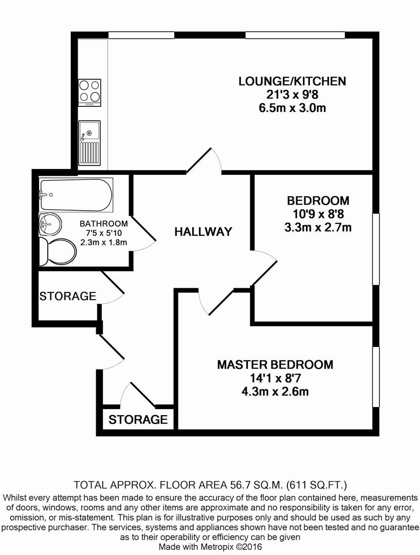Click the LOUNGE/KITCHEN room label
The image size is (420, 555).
[x=292, y=81]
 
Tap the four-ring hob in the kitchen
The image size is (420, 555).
[x=89, y=92]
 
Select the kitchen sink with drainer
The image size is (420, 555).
[x=89, y=143]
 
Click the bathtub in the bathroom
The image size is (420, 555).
[x=76, y=195]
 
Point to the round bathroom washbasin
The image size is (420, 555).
[x=50, y=224]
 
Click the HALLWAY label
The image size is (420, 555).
[x=203, y=231]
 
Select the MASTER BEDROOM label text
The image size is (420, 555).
[x=275, y=364]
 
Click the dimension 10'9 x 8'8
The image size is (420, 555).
[x=319, y=214]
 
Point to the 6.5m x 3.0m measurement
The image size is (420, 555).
[x=293, y=107]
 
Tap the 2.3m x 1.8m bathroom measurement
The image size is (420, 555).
[x=104, y=243]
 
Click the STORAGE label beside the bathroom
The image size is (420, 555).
[x=68, y=296]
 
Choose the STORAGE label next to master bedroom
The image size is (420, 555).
[x=138, y=419]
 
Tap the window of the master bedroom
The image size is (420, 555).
[x=376, y=377]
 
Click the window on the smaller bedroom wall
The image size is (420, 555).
[x=376, y=249]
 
